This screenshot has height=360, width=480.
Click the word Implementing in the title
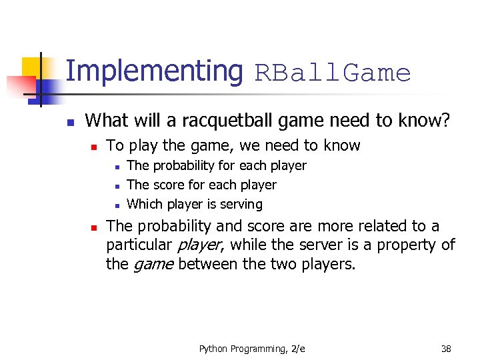tap(154, 71)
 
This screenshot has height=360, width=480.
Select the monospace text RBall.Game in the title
tap(333, 73)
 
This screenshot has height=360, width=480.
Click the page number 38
tap(446, 349)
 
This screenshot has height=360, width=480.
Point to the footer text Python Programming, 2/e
tap(252, 349)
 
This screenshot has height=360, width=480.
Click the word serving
tap(241, 204)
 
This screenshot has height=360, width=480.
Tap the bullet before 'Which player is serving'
tap(116, 205)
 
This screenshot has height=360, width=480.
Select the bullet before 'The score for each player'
tap(116, 185)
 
